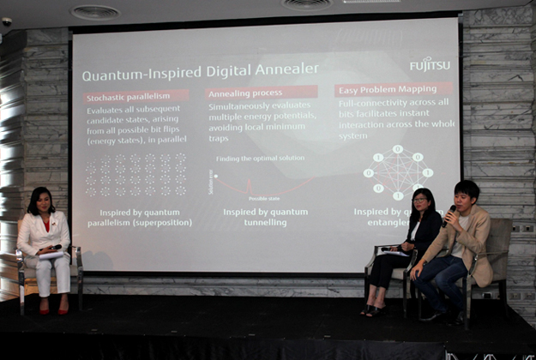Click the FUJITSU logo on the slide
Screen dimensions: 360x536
(x=429, y=63)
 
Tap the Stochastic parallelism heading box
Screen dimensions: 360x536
(x=136, y=96)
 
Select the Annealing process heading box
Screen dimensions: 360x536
(x=261, y=92)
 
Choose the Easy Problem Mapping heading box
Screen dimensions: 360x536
(x=393, y=88)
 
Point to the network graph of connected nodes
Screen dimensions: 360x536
(x=397, y=171)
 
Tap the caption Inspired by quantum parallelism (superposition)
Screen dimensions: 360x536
(x=139, y=218)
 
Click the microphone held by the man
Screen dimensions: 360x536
(x=451, y=212)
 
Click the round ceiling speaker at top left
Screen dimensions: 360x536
(x=94, y=12)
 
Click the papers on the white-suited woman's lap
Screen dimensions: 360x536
(x=50, y=254)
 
